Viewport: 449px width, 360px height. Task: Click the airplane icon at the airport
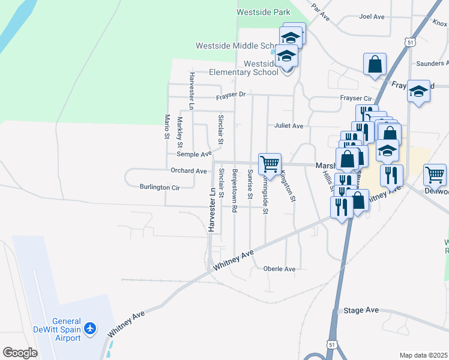(91, 328)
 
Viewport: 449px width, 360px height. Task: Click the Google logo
(20, 353)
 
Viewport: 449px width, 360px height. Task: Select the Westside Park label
(263, 12)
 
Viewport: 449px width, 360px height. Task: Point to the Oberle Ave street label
(280, 269)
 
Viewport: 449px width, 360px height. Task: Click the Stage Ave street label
(361, 310)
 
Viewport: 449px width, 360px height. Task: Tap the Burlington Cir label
(160, 187)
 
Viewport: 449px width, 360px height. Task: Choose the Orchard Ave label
(188, 171)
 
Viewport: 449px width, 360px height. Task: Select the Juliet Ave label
(289, 126)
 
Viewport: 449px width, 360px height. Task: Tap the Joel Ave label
(372, 17)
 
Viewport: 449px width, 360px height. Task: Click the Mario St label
(167, 127)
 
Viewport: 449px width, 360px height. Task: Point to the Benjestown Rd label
(235, 191)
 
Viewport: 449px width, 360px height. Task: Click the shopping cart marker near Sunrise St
(270, 164)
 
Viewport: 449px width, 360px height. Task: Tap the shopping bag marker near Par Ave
(375, 64)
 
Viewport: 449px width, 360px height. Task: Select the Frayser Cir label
(356, 98)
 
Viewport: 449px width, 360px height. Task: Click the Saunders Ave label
(432, 62)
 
